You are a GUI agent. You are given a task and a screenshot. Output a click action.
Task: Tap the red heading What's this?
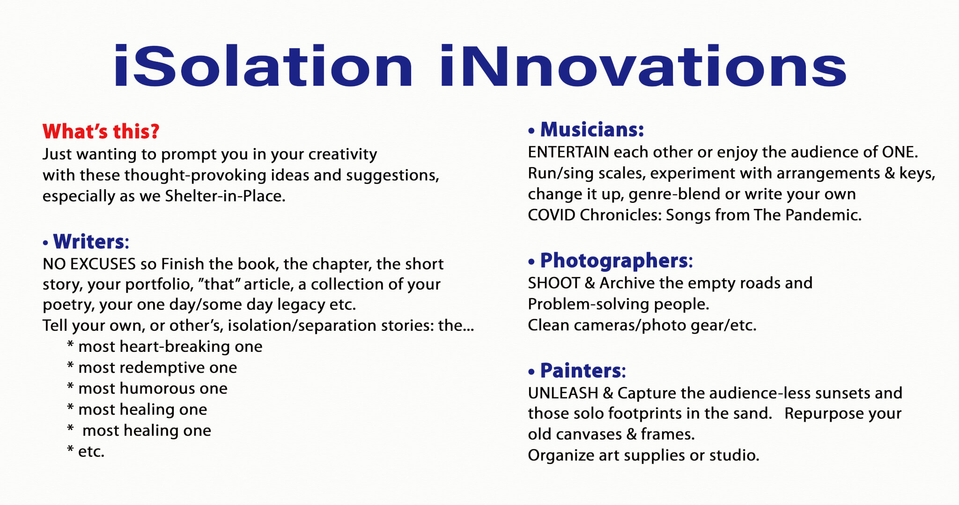point(101,132)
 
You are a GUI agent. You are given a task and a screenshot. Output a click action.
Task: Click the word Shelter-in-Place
point(225,196)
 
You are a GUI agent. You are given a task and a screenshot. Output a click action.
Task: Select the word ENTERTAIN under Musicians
point(568,152)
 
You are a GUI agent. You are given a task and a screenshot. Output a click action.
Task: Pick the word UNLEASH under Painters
point(563,393)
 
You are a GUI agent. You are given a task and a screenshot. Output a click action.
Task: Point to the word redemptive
point(162,368)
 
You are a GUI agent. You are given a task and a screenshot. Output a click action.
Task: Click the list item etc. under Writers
point(91,452)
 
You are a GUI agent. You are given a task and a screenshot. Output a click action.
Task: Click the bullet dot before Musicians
point(531,131)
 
